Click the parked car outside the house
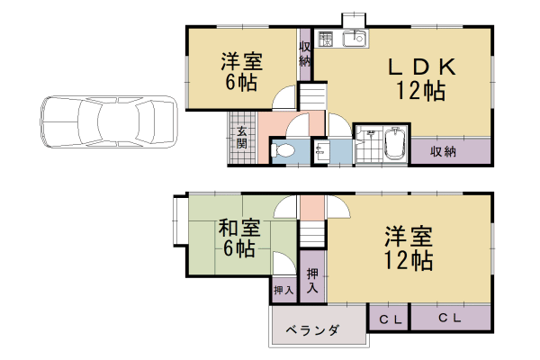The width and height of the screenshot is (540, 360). pyautogui.click(x=108, y=123)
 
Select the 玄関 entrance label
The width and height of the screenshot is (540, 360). pyautogui.click(x=242, y=140)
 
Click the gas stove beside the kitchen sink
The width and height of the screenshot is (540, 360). pyautogui.click(x=326, y=38)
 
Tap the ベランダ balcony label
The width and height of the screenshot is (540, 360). pyautogui.click(x=313, y=331)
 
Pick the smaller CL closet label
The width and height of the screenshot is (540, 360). pyautogui.click(x=389, y=319)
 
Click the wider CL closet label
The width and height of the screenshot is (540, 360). pyautogui.click(x=450, y=319)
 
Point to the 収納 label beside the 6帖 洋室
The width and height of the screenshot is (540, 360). pyautogui.click(x=306, y=54)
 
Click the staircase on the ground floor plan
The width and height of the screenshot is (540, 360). pyautogui.click(x=311, y=94)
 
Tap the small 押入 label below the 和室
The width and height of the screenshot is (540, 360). pyautogui.click(x=283, y=291)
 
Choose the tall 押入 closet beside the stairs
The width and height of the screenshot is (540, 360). pyautogui.click(x=311, y=281)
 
